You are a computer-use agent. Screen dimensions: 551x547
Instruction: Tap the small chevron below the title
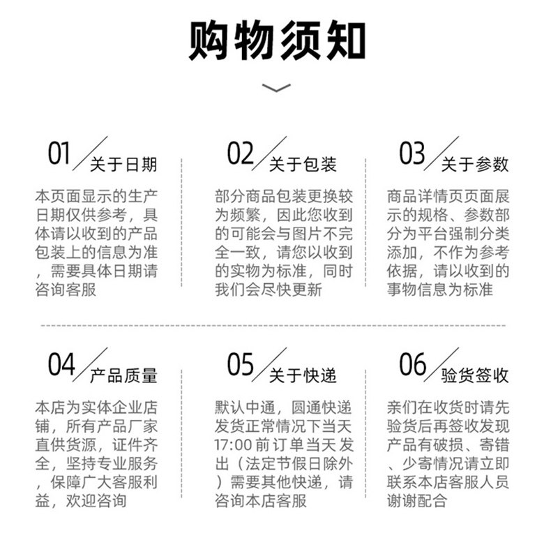coord(275,88)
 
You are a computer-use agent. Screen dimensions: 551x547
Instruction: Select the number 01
coord(59,153)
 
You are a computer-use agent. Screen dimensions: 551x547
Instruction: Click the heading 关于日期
coord(123,165)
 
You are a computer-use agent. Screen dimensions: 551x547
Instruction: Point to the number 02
coord(241,153)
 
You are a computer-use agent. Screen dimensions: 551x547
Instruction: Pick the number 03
coord(412,153)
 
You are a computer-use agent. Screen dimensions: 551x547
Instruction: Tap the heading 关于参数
coord(475,165)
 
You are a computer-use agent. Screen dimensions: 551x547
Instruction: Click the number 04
coord(61,364)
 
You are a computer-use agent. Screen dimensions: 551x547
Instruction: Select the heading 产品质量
coord(123,376)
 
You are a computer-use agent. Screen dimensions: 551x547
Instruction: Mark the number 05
coord(241,364)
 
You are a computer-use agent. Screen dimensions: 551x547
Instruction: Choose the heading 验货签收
coord(475,376)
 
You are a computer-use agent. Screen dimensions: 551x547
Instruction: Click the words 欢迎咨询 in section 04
coord(102,500)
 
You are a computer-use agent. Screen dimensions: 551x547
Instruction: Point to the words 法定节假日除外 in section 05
coord(293,463)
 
